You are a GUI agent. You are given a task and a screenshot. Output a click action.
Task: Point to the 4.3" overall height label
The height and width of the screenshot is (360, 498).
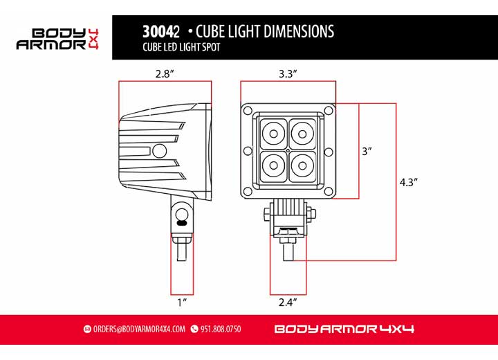pyautogui.click(x=409, y=182)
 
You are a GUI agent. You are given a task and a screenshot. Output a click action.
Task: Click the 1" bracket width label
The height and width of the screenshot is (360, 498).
pyautogui.click(x=182, y=303)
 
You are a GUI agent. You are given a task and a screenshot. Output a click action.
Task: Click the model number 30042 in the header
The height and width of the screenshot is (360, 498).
pyautogui.click(x=161, y=32)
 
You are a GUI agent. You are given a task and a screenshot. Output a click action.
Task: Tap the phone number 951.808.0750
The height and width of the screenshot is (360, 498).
pyautogui.click(x=220, y=329)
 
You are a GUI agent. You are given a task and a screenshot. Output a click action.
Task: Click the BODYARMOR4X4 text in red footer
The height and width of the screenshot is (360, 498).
pyautogui.click(x=344, y=329)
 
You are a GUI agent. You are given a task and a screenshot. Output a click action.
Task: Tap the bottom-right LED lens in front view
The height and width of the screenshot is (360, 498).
pyautogui.click(x=302, y=165)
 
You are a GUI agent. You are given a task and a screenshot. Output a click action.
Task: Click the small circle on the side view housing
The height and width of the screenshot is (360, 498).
pyautogui.click(x=160, y=150)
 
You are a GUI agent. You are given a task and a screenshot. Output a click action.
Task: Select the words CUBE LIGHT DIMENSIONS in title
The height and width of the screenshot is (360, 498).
pyautogui.click(x=265, y=32)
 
